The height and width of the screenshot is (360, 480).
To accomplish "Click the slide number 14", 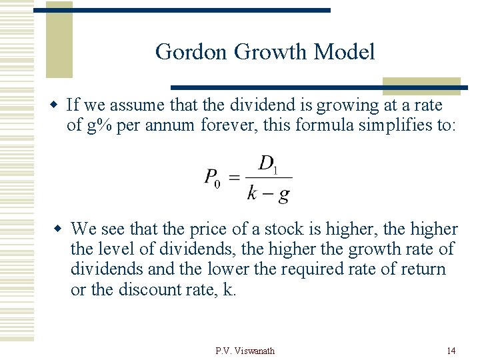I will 451,351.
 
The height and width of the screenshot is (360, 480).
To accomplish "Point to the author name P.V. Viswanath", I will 245,351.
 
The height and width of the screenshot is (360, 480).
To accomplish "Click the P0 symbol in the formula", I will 212,178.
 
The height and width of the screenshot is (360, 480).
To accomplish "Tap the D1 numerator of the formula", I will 268,164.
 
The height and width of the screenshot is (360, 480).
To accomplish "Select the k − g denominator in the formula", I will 268,194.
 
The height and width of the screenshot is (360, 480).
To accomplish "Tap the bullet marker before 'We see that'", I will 59,229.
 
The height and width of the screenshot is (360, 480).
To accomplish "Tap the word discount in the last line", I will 151,289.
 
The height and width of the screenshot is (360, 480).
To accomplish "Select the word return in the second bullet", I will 424,269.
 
